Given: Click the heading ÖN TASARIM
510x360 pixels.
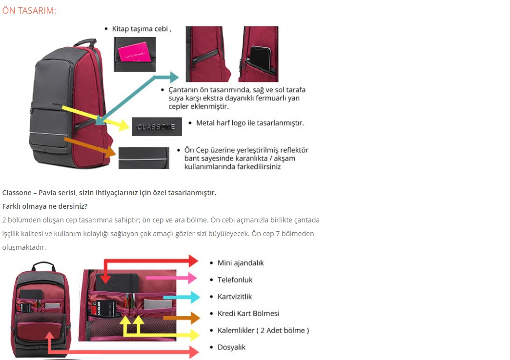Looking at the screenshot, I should pos(29,10).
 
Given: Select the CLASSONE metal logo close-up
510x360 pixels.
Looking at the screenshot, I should pos(157,127).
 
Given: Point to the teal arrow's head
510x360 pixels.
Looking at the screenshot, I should pos(174,77).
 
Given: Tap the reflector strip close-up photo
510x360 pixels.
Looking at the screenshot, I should pos(144,158).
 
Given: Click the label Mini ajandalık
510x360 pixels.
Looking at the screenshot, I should pos(241,263).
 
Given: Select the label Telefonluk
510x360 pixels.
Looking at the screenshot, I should pos(235,280).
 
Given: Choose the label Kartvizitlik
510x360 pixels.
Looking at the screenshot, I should pos(235,297).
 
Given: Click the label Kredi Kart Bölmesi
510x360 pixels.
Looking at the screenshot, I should pos(248,314).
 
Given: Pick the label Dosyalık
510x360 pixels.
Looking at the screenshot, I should pos(231,347).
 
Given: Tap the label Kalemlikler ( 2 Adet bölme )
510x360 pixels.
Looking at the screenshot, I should pos(263,330).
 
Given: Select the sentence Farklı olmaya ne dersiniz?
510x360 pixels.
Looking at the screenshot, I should pos(45,206).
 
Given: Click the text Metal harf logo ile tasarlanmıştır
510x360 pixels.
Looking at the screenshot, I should pos(250,123).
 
